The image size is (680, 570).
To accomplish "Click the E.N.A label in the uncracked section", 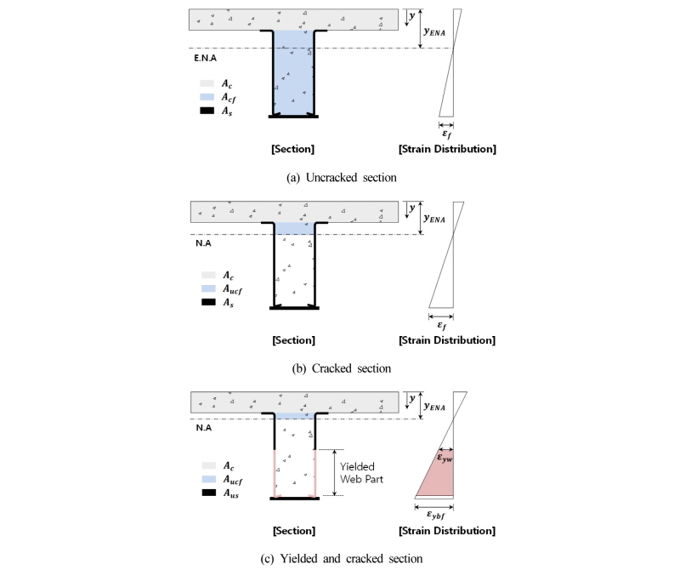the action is coord(205,58).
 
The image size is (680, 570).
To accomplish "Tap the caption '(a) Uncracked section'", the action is coord(342,178).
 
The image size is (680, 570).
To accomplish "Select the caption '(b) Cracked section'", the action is coord(342,368).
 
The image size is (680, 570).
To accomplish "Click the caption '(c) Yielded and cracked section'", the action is coord(342,558).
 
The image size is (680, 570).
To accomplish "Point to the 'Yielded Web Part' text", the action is coord(361,473).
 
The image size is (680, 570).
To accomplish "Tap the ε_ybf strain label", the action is coord(436,515).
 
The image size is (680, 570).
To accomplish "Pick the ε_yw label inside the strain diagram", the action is coord(445,458).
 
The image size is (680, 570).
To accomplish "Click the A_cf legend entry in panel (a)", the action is coord(218,97).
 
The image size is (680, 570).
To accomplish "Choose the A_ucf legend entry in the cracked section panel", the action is coord(222,289).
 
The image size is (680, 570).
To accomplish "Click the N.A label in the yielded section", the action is coord(203,428).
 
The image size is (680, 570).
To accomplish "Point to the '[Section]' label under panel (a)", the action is coord(292,149).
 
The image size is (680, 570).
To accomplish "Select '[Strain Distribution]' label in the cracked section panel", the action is coord(447,340).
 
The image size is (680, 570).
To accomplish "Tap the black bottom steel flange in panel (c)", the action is coord(294,499).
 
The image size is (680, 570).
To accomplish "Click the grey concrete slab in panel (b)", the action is coord(294,212).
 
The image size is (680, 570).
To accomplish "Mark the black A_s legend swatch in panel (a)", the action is coord(207,111).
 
